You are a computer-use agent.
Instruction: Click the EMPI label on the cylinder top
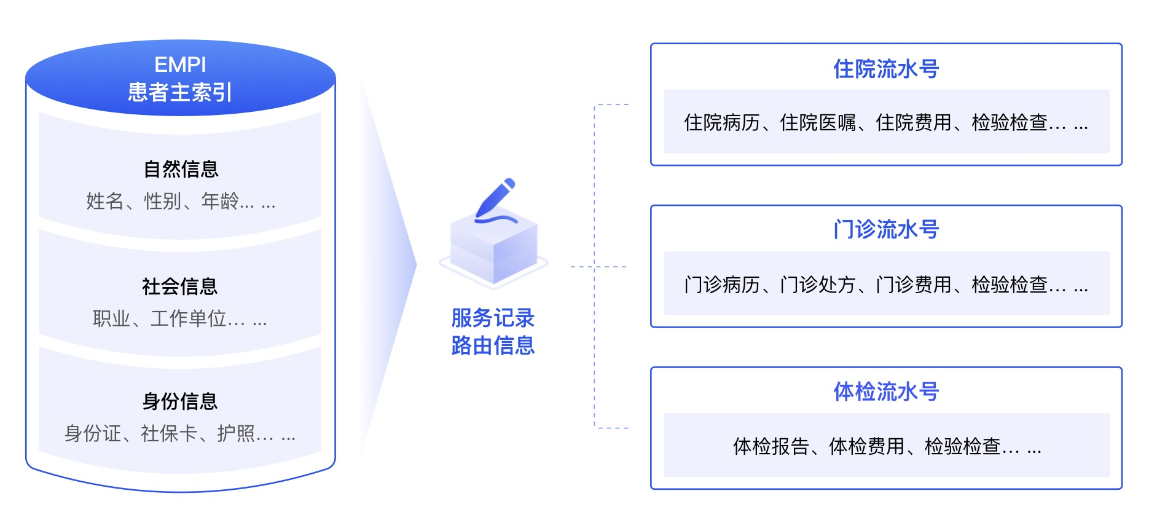(x=180, y=65)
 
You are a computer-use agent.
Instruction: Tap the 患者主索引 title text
(x=180, y=92)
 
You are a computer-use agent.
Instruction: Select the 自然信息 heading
(x=181, y=169)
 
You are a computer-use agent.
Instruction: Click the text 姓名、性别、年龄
(x=162, y=201)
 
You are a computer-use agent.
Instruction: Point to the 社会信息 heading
(x=180, y=286)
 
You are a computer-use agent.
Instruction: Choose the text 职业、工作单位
(x=160, y=318)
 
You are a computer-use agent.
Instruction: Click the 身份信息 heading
(x=180, y=401)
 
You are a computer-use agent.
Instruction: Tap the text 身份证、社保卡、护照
(x=160, y=434)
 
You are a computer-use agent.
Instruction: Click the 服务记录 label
(x=493, y=318)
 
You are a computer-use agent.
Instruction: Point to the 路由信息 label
(x=493, y=345)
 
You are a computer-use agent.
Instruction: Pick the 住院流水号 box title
(x=886, y=69)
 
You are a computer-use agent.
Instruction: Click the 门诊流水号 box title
(x=886, y=230)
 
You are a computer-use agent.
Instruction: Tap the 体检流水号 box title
(x=886, y=391)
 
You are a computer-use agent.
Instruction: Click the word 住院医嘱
(x=818, y=123)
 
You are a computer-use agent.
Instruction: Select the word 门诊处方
(x=818, y=285)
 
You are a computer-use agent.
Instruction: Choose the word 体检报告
(x=771, y=447)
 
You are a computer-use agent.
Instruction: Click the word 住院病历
(x=722, y=123)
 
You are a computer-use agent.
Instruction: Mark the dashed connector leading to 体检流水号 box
(x=611, y=428)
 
